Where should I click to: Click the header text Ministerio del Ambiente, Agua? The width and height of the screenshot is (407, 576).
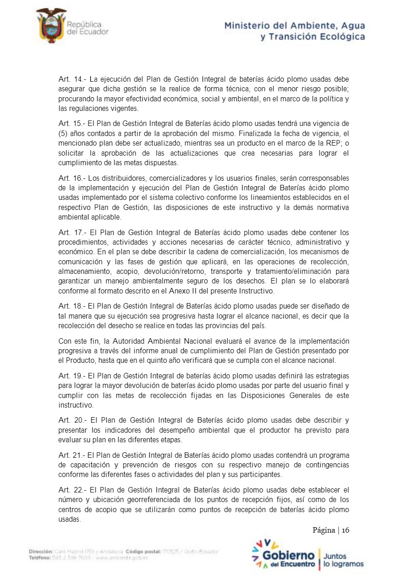click(x=294, y=26)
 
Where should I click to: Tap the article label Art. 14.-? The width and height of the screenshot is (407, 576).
click(x=70, y=79)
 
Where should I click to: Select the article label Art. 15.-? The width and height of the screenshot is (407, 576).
click(x=70, y=123)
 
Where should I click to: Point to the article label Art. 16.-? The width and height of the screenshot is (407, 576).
click(x=70, y=178)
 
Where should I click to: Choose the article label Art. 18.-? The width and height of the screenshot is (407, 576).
click(x=70, y=305)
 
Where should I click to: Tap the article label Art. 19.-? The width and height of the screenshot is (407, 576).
click(x=70, y=376)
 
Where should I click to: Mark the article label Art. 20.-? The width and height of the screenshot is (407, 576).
click(x=70, y=419)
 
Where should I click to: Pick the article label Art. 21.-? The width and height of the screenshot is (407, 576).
click(x=70, y=455)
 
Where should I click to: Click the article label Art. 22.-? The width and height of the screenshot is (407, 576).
click(x=70, y=490)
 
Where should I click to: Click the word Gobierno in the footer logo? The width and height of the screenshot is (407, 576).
click(x=288, y=555)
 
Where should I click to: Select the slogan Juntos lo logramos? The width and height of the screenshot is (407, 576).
click(x=343, y=560)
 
